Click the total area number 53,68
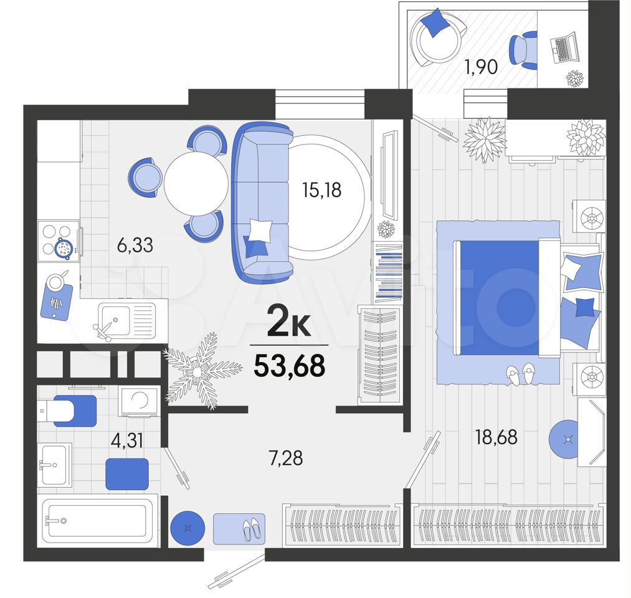click(x=290, y=366)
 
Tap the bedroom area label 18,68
click(x=496, y=437)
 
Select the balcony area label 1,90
click(x=482, y=67)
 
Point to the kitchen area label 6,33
click(x=135, y=245)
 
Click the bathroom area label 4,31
click(x=127, y=440)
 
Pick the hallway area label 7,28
click(x=286, y=458)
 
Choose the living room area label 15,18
click(x=322, y=190)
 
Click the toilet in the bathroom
click(x=68, y=411)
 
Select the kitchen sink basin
click(x=115, y=320)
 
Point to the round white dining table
click(x=196, y=184)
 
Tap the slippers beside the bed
click(x=521, y=374)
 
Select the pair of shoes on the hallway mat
click(x=252, y=529)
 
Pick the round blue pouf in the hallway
click(x=187, y=528)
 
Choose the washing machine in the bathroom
click(x=140, y=401)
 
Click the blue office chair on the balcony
click(x=523, y=50)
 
